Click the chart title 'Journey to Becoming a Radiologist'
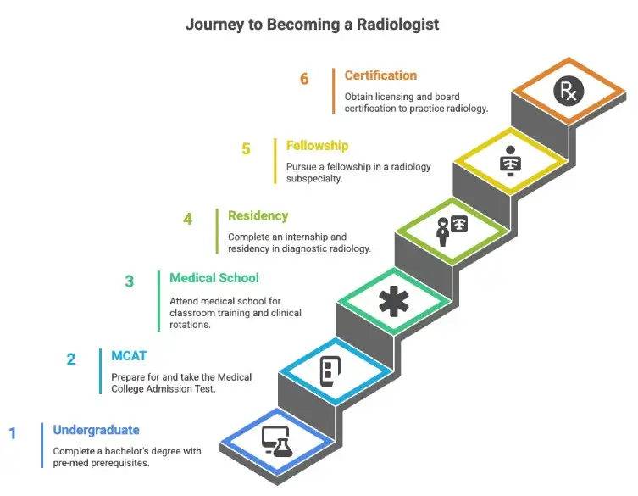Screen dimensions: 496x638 pyautogui.click(x=313, y=25)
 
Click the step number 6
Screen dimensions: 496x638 pyautogui.click(x=304, y=80)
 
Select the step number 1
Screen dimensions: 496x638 pyautogui.click(x=13, y=434)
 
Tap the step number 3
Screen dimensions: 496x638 pyautogui.click(x=130, y=281)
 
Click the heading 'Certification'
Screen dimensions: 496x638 pyautogui.click(x=380, y=76)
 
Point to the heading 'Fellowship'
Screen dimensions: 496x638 pyautogui.click(x=317, y=146)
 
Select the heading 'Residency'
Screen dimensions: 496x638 pyautogui.click(x=258, y=216)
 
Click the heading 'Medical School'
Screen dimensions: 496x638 pyautogui.click(x=214, y=278)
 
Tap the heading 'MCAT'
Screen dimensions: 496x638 pyautogui.click(x=129, y=355)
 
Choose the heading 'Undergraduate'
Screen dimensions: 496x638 pyautogui.click(x=96, y=430)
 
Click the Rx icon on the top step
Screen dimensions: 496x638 pyautogui.click(x=568, y=91)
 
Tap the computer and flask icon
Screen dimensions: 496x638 pyautogui.click(x=276, y=439)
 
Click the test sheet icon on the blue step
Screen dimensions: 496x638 pyautogui.click(x=330, y=371)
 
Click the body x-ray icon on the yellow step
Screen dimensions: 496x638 pyautogui.click(x=510, y=159)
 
